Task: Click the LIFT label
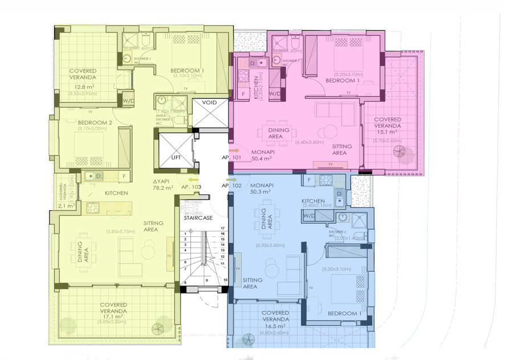[x=177, y=157]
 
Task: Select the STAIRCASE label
[x=198, y=218]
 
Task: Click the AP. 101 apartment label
[x=231, y=157]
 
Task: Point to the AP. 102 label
[x=231, y=186]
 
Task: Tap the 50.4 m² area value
[x=262, y=159]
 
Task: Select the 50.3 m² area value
[x=261, y=193]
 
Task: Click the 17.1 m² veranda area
[x=113, y=317]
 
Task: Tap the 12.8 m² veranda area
[x=83, y=87]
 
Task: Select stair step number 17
[x=223, y=228]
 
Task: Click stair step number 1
[x=185, y=234]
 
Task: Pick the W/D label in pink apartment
[x=274, y=93]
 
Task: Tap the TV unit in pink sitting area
[x=331, y=165]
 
